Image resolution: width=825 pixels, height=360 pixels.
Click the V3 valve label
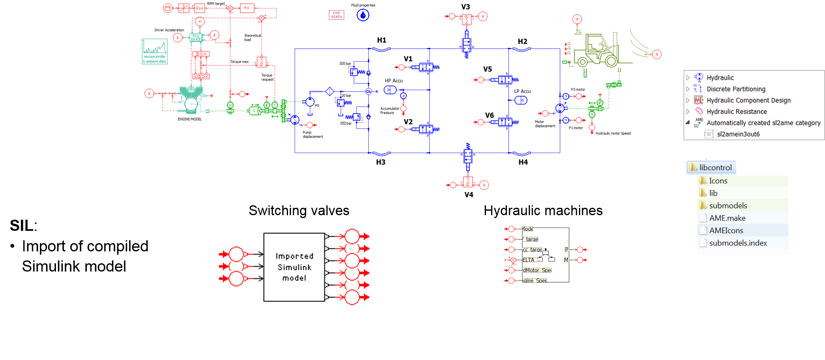(x=465, y=7)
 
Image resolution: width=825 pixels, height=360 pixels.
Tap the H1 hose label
(x=381, y=40)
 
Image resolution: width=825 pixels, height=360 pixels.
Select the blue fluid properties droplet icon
(x=363, y=15)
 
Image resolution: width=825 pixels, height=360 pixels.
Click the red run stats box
(x=337, y=15)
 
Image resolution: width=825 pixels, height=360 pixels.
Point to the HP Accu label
(x=394, y=81)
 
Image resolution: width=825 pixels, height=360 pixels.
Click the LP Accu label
(x=522, y=91)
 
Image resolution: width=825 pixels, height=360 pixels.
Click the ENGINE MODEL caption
(x=190, y=119)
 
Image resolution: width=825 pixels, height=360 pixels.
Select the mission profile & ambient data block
(x=155, y=51)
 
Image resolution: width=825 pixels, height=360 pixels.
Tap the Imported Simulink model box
(x=294, y=267)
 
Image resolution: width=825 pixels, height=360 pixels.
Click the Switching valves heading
(x=299, y=211)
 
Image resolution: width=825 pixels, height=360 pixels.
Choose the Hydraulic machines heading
(x=543, y=211)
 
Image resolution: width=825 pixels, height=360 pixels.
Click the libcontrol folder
(x=715, y=167)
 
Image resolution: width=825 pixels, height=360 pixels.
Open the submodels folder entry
(x=728, y=206)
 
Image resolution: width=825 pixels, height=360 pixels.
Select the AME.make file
(x=727, y=218)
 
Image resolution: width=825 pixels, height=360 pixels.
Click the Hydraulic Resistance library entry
(x=737, y=111)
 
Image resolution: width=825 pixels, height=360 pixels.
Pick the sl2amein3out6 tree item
(x=738, y=134)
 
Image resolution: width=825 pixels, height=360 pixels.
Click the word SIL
(x=21, y=225)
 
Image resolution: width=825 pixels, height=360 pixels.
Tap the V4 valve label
(x=469, y=195)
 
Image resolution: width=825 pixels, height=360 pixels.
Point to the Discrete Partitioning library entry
(x=736, y=89)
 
